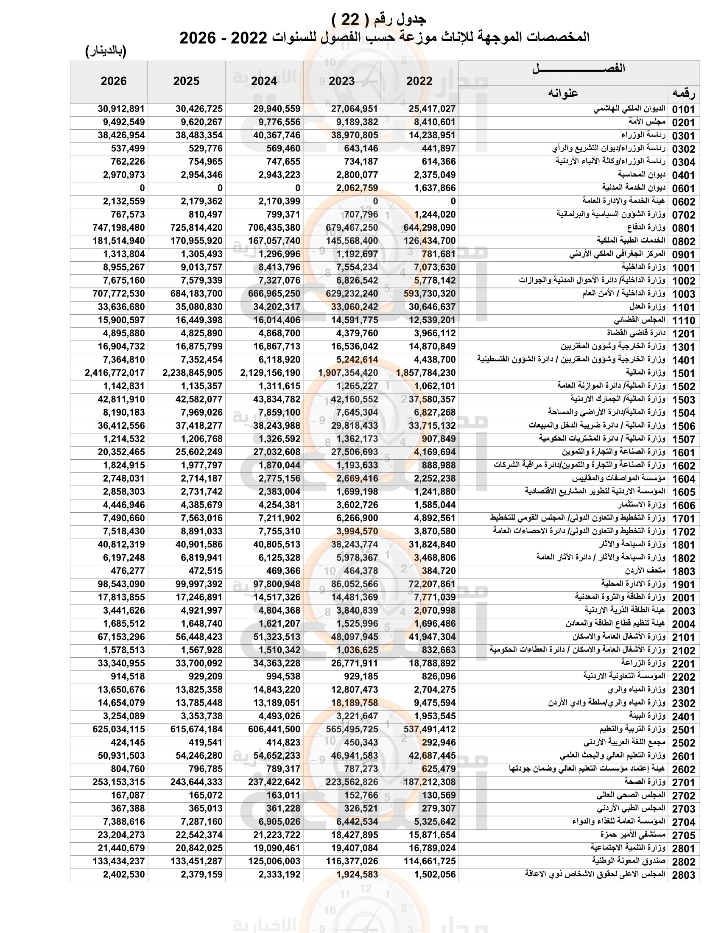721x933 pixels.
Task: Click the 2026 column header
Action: (114, 81)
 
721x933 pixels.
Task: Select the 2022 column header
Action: (419, 81)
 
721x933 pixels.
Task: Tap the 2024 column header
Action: (264, 81)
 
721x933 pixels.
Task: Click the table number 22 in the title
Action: (350, 20)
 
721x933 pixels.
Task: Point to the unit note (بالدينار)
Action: (106, 51)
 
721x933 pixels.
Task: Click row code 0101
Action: (683, 109)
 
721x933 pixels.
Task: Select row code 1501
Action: (683, 373)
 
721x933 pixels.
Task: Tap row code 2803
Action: (683, 875)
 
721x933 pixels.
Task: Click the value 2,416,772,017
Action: (115, 373)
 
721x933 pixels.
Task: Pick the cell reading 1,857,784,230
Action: (426, 373)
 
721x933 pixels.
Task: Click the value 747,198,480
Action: (119, 228)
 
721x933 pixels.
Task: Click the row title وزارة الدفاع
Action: (646, 227)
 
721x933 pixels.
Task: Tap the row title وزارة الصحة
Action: (645, 781)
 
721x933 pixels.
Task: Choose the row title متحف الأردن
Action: (646, 570)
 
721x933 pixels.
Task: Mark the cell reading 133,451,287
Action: (196, 861)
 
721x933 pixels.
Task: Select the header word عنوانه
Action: (563, 93)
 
